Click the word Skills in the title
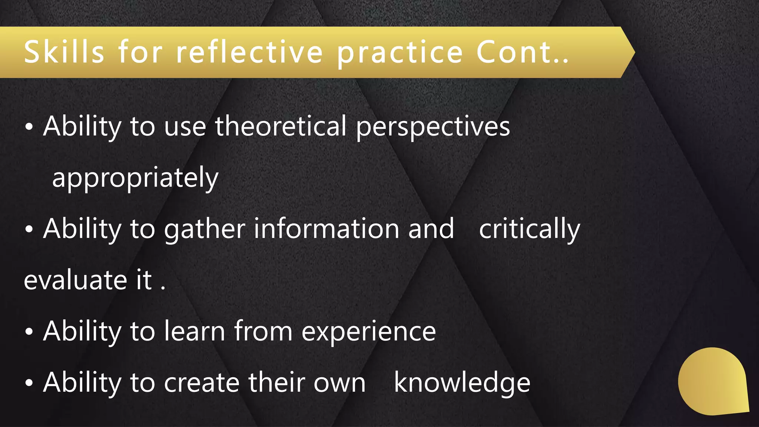click(64, 52)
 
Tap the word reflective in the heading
click(249, 52)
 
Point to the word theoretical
click(281, 126)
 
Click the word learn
click(195, 331)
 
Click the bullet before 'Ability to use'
click(29, 128)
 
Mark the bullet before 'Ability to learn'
click(29, 332)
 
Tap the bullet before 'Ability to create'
click(29, 383)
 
